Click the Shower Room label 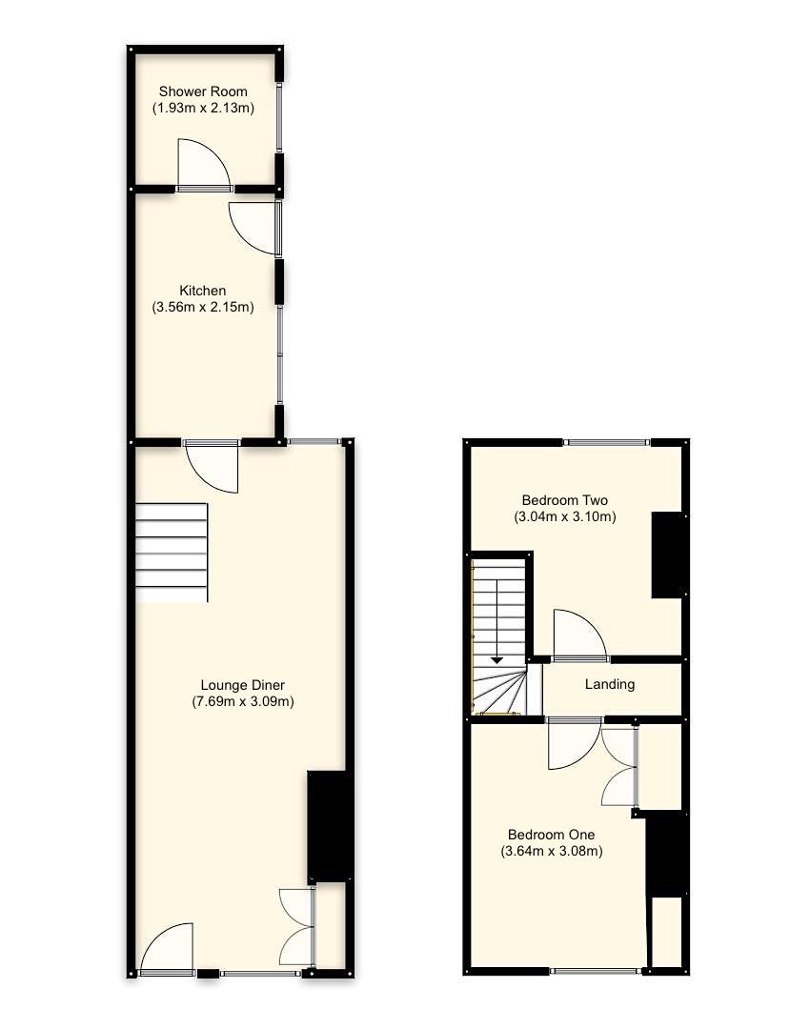point(203,91)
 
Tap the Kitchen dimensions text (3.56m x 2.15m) point(203,307)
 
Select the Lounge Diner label point(242,685)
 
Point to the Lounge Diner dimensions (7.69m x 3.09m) point(242,702)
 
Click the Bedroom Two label point(564,500)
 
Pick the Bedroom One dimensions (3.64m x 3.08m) point(552,851)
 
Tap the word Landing point(610,684)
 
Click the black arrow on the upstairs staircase point(497,658)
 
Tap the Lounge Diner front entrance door point(169,949)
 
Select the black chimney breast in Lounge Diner point(329,826)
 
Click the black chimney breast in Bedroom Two point(669,555)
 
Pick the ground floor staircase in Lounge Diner point(172,553)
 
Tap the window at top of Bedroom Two point(606,442)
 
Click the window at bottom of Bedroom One point(595,971)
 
